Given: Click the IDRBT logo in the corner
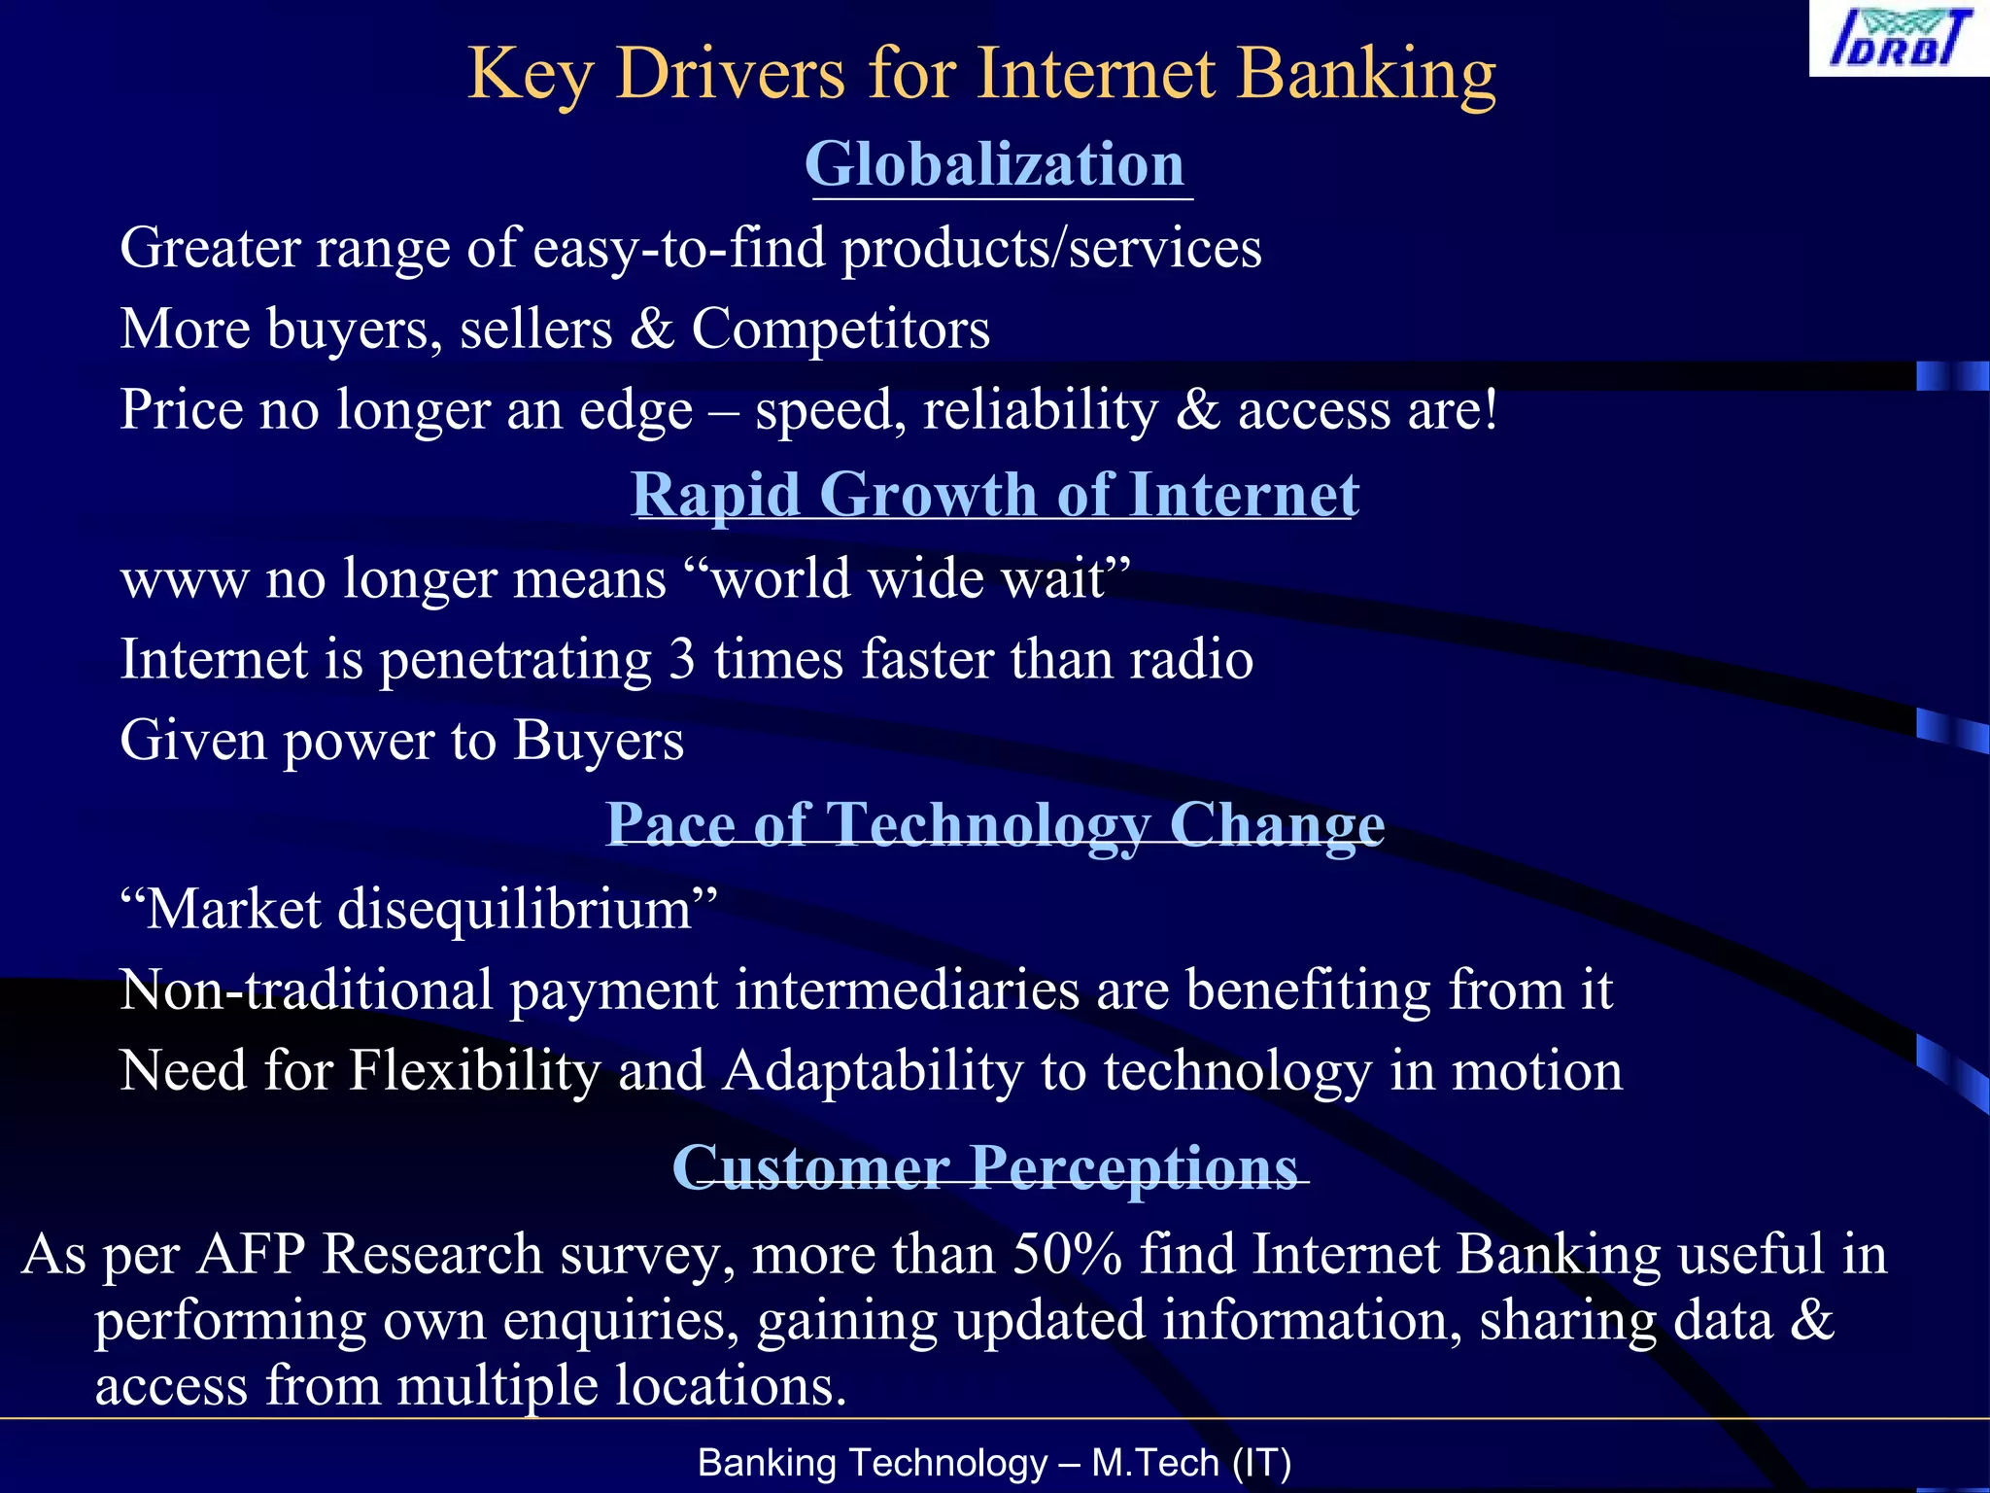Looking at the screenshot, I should pyautogui.click(x=1899, y=39).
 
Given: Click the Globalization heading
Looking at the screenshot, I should pyautogui.click(x=995, y=163).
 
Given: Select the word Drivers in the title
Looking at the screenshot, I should pyautogui.click(x=731, y=74).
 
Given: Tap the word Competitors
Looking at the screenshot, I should pyautogui.click(x=841, y=329).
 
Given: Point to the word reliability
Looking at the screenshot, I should pyautogui.click(x=1041, y=409).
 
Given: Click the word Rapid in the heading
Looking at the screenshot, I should pyautogui.click(x=716, y=495).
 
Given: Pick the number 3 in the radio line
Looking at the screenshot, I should pyautogui.click(x=682, y=659).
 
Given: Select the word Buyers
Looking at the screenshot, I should pyautogui.click(x=599, y=741).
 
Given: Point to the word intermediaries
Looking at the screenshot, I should pyautogui.click(x=908, y=990).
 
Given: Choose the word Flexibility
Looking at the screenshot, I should pyautogui.click(x=474, y=1071).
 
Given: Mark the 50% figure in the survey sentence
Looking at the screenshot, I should pyautogui.click(x=1067, y=1254).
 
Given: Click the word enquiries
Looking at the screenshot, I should pyautogui.click(x=621, y=1320).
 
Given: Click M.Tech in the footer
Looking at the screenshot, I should pyautogui.click(x=1155, y=1463).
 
